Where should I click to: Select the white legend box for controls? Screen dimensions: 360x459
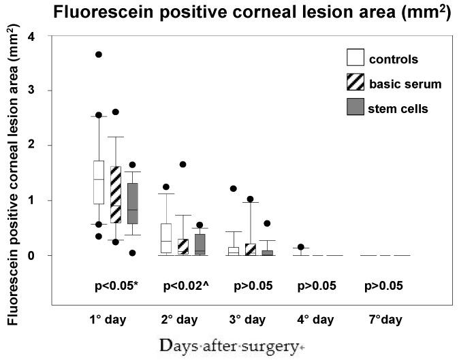click(354, 59)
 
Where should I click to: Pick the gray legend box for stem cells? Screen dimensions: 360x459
click(354, 108)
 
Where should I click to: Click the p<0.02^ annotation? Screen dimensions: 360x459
click(185, 286)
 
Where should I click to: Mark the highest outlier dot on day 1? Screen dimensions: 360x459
click(99, 54)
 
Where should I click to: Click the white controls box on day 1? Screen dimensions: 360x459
click(99, 182)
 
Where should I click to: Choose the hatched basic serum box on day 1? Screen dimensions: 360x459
click(115, 195)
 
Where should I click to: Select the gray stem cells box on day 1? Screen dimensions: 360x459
click(132, 203)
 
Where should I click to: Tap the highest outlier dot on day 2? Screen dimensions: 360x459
click(183, 164)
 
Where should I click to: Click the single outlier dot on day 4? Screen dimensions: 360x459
click(301, 247)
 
